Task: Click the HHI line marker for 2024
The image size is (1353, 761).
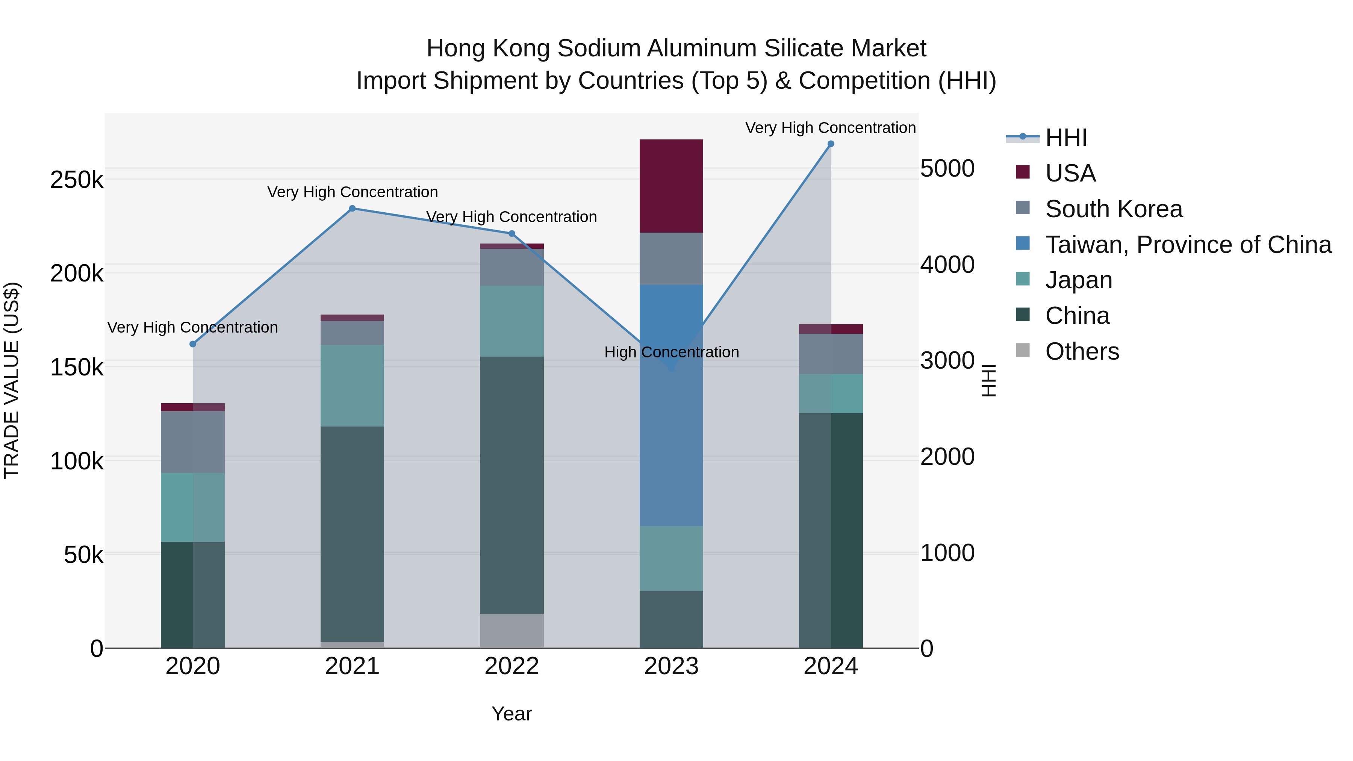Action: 830,144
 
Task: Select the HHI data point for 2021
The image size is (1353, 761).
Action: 353,209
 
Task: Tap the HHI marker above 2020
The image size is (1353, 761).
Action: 193,344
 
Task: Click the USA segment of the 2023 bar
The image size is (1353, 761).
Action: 671,186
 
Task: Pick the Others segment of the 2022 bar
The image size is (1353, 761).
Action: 512,630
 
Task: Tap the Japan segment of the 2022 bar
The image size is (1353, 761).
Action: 512,321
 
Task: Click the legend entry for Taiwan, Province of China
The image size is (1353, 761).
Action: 1188,245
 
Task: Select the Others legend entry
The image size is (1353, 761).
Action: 1082,351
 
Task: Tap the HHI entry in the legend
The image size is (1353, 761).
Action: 1066,138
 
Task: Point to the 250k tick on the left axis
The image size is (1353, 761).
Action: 77,180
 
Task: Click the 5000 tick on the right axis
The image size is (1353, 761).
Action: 947,169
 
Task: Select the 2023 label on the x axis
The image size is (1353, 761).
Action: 671,666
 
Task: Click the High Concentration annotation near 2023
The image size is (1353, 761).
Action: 671,352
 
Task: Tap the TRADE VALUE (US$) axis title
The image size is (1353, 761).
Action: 12,380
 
